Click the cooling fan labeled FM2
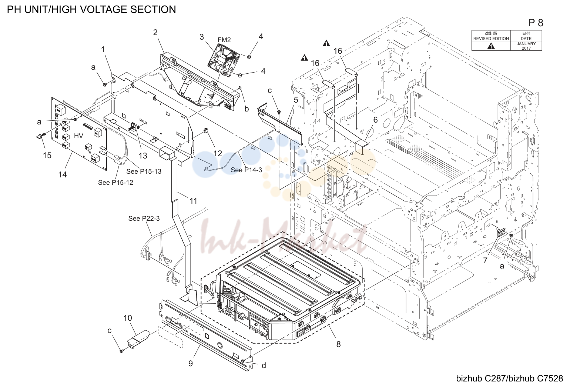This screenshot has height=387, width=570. pyautogui.click(x=224, y=60)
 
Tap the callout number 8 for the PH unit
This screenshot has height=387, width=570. pyautogui.click(x=338, y=344)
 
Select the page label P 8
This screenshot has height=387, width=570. pyautogui.click(x=536, y=23)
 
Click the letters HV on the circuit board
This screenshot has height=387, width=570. pyautogui.click(x=78, y=136)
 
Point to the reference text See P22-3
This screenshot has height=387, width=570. pyautogui.click(x=144, y=218)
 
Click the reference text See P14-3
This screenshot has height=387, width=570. pyautogui.click(x=246, y=170)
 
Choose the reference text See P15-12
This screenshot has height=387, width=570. pyautogui.click(x=115, y=182)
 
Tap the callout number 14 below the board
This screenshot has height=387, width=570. pyautogui.click(x=63, y=175)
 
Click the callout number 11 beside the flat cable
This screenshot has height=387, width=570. pyautogui.click(x=193, y=201)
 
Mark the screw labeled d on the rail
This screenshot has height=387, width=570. pyautogui.click(x=244, y=361)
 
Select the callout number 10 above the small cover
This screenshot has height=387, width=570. pyautogui.click(x=128, y=318)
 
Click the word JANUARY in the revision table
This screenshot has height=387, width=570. pyautogui.click(x=526, y=44)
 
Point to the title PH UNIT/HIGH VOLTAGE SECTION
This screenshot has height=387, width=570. pyautogui.click(x=91, y=9)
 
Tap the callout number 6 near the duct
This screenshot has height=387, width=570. pyautogui.click(x=376, y=120)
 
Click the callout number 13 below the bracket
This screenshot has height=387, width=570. pyautogui.click(x=143, y=156)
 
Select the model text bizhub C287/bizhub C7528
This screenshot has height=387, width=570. pyautogui.click(x=509, y=378)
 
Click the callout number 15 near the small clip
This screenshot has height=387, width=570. pyautogui.click(x=47, y=155)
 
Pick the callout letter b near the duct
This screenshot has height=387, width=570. pyautogui.click(x=247, y=109)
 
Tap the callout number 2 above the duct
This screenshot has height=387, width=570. pyautogui.click(x=155, y=32)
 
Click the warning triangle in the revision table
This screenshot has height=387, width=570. pyautogui.click(x=491, y=46)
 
